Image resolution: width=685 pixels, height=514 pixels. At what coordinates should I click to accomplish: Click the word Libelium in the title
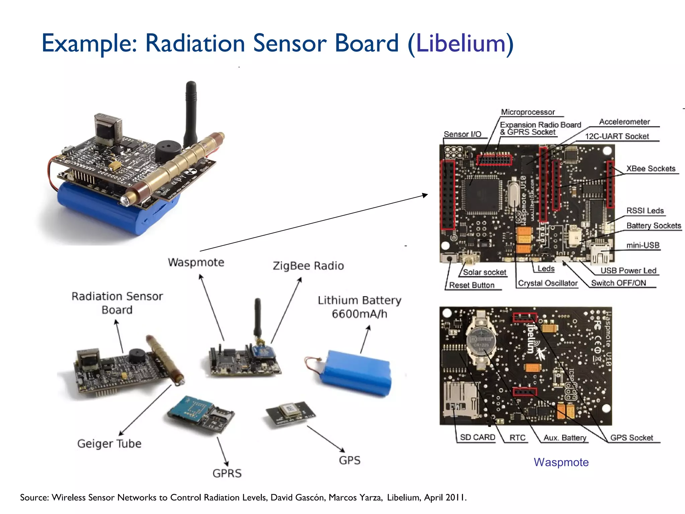click(x=461, y=44)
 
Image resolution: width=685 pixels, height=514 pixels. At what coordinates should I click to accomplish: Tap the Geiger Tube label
click(x=109, y=443)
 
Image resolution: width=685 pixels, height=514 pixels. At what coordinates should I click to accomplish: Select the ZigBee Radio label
click(x=308, y=266)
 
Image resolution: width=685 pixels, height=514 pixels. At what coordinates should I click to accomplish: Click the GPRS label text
click(x=227, y=473)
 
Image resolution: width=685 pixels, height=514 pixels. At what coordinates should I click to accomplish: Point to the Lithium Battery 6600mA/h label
click(x=359, y=307)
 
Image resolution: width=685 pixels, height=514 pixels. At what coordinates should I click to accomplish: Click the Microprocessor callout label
click(x=528, y=112)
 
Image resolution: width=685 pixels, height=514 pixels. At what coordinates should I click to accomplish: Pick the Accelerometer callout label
click(x=624, y=122)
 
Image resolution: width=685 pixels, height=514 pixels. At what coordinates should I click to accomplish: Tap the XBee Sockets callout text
click(x=651, y=169)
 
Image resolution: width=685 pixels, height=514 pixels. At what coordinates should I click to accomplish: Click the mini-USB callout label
click(x=643, y=245)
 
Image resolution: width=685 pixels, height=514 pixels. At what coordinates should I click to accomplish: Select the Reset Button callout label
click(x=472, y=285)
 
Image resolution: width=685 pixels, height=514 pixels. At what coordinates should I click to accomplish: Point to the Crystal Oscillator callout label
click(x=548, y=283)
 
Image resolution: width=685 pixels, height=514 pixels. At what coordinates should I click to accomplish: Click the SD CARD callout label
click(x=477, y=437)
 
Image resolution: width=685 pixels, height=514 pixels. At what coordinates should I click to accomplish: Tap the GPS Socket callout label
click(x=631, y=438)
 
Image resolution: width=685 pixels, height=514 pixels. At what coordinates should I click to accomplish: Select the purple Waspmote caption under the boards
click(x=561, y=462)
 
